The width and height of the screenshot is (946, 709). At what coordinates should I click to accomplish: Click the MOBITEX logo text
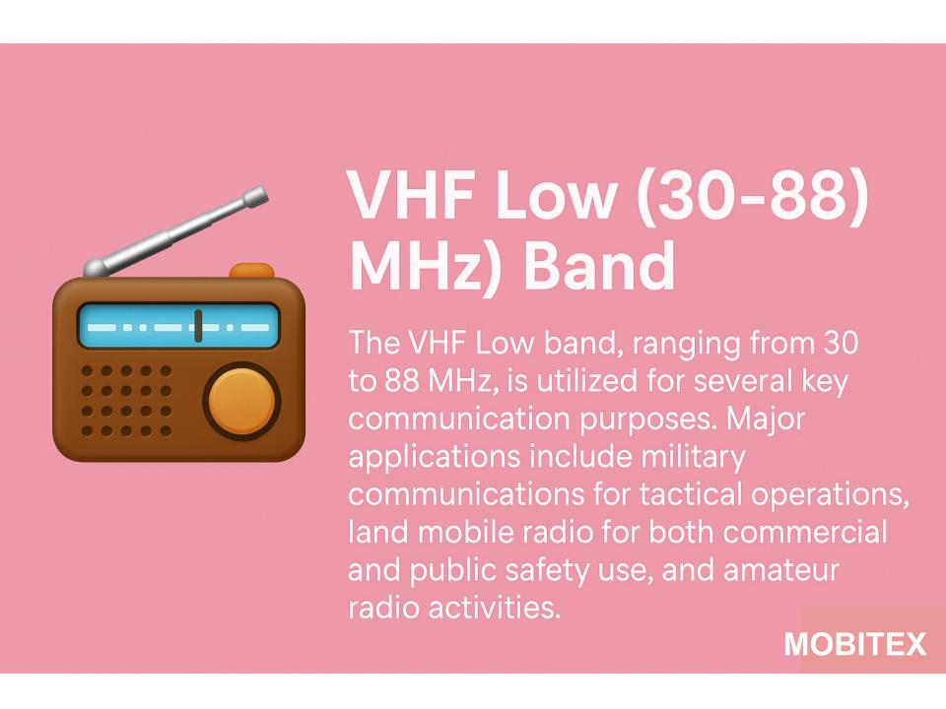[855, 644]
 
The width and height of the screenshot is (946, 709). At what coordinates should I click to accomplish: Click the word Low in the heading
[556, 195]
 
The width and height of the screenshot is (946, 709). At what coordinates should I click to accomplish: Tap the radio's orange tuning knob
[241, 401]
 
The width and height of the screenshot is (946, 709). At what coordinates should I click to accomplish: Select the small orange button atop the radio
[252, 270]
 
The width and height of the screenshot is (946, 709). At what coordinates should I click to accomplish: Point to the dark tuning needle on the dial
[198, 326]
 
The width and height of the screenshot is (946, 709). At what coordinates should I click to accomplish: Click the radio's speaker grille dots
[126, 401]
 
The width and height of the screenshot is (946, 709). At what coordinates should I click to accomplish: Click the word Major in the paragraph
[766, 419]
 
